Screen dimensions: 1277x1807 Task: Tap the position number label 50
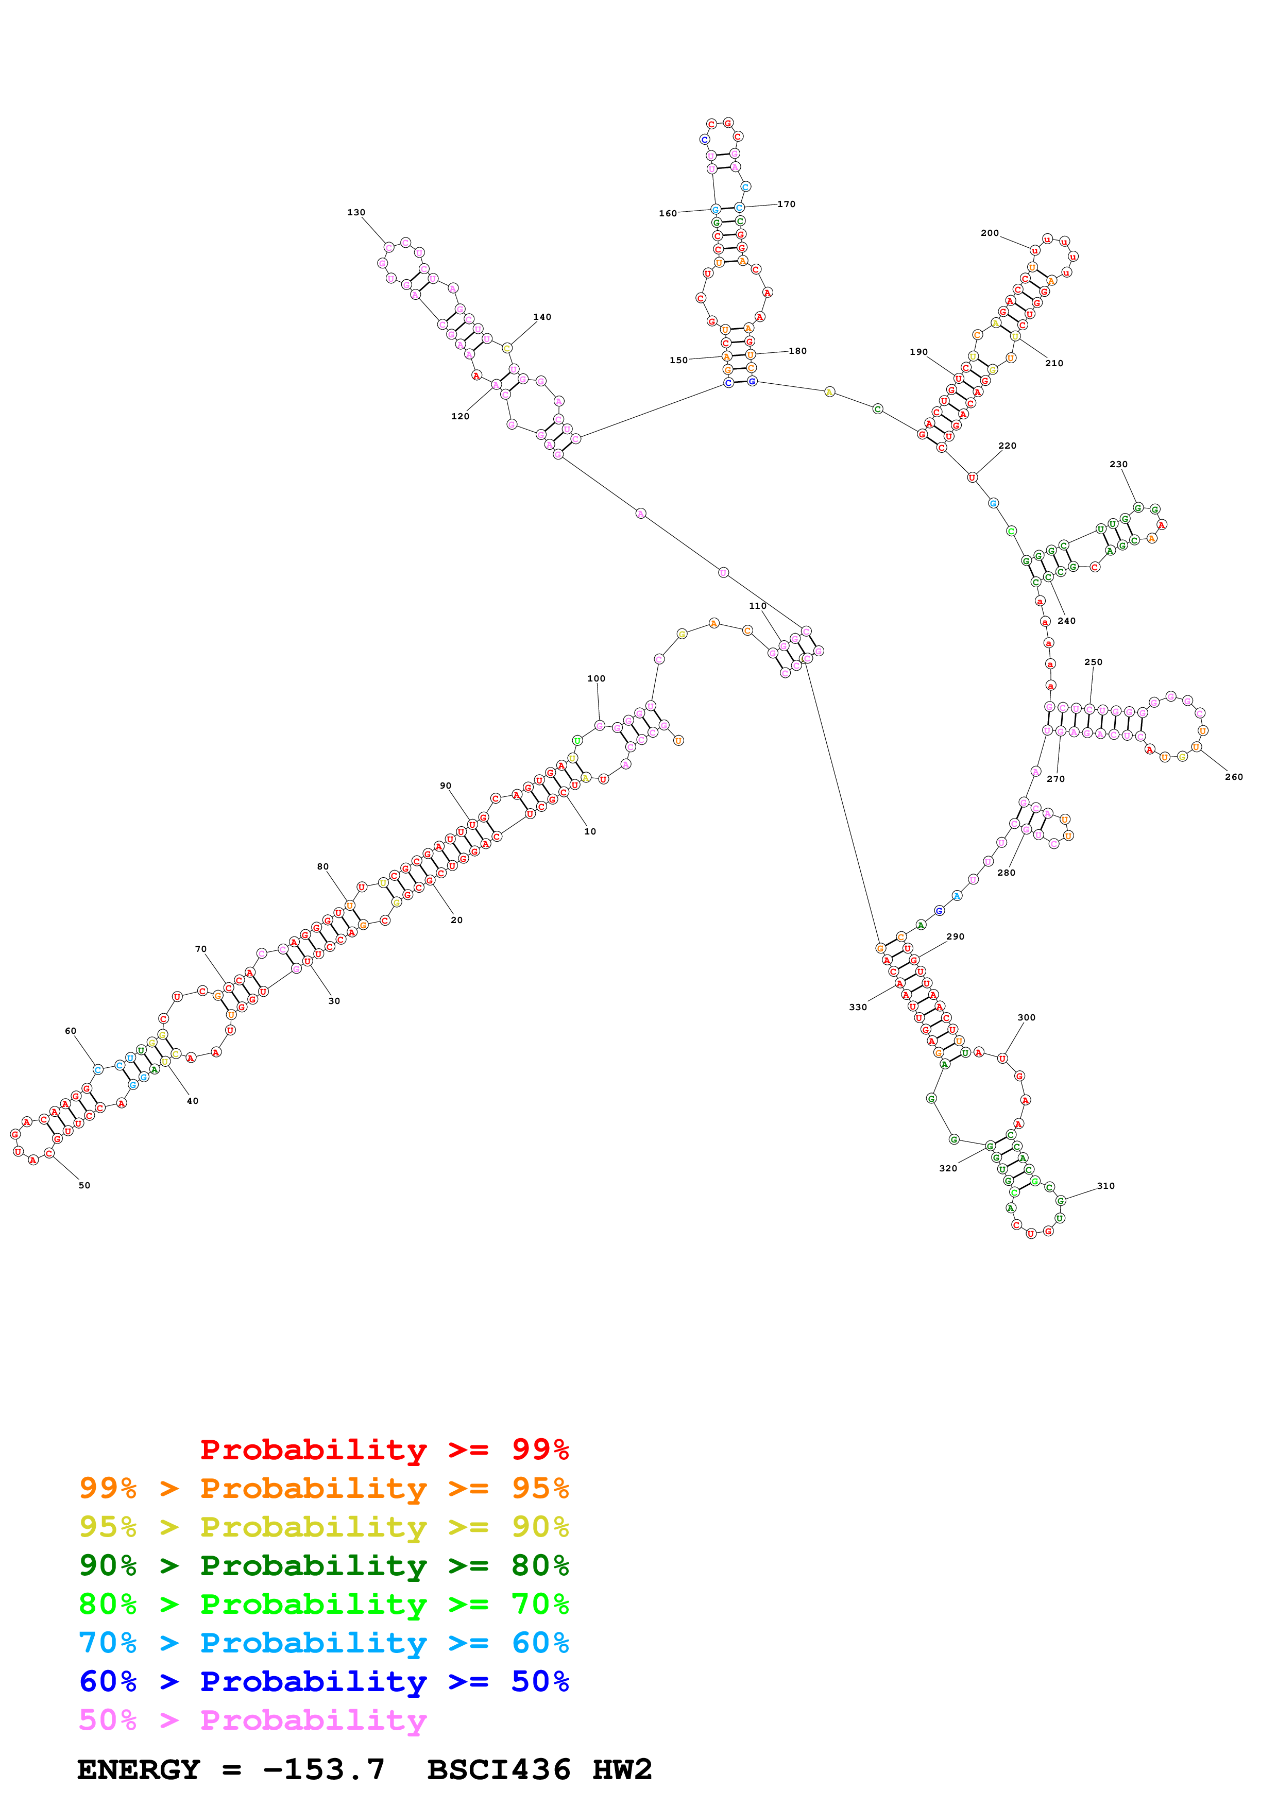(84, 1185)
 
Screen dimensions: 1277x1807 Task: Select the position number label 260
(1234, 777)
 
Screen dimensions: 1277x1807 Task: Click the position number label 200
(989, 233)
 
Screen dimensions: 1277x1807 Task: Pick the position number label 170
(786, 204)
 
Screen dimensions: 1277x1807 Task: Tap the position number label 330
(858, 1007)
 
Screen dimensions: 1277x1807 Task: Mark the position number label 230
(1118, 464)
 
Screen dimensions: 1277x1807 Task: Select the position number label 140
(542, 317)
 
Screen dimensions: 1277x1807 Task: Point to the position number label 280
(1007, 872)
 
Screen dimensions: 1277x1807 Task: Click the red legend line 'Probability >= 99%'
(384, 1449)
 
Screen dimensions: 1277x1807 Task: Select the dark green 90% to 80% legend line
(323, 1565)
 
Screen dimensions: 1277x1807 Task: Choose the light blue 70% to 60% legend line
(323, 1643)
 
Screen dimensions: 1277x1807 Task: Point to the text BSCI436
(498, 1769)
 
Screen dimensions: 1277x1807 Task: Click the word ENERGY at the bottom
(139, 1769)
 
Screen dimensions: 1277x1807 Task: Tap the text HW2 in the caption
(622, 1769)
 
